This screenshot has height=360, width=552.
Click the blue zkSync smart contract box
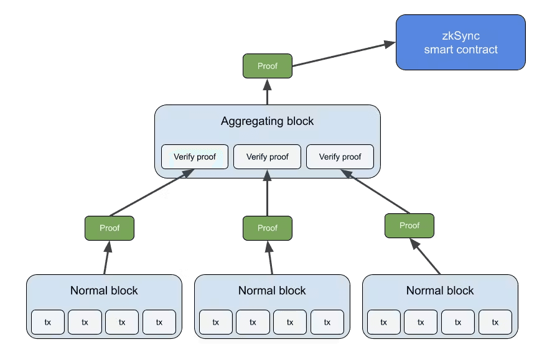click(x=461, y=42)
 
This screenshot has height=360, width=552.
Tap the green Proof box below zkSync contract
click(x=268, y=66)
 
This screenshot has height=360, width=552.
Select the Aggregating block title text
click(x=268, y=121)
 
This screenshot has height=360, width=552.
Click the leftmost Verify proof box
click(x=195, y=157)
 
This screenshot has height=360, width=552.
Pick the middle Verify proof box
click(x=268, y=157)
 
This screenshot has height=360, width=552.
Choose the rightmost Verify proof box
click(x=340, y=157)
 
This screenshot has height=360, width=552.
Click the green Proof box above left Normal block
click(x=110, y=228)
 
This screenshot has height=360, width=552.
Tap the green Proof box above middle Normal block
click(x=268, y=228)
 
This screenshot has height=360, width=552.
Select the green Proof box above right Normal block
click(x=409, y=225)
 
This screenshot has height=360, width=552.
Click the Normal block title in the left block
click(x=104, y=290)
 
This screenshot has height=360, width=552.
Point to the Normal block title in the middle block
click(x=272, y=290)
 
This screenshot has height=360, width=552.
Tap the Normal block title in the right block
click(x=440, y=290)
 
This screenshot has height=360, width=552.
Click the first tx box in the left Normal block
click(x=48, y=322)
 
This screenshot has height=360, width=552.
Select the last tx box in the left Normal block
click(x=159, y=322)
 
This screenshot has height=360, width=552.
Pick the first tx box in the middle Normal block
click(x=216, y=322)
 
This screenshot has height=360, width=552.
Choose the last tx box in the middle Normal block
click(x=327, y=322)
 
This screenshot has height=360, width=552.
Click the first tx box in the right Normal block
click(x=384, y=322)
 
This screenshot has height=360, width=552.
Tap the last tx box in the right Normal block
click(x=495, y=322)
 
